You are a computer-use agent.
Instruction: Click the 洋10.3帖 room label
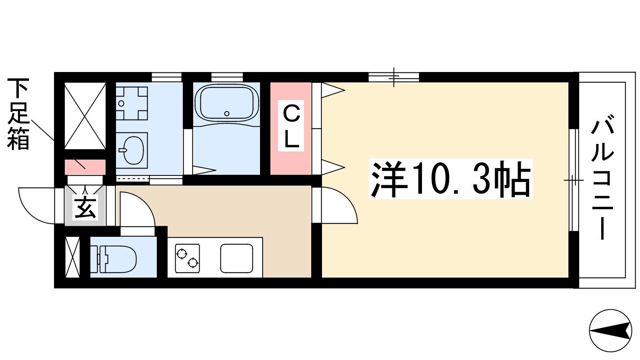tap(450, 179)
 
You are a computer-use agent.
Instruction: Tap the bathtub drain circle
tap(227, 114)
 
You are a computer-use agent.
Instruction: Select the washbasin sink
tap(132, 150)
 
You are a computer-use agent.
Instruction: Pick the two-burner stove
tap(188, 258)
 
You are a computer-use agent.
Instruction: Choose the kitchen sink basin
tap(236, 258)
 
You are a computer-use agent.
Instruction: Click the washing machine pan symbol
tap(132, 103)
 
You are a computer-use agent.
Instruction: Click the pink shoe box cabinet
tap(85, 167)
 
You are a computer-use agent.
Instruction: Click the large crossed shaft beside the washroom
tap(85, 116)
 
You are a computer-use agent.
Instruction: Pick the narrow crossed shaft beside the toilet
tap(72, 257)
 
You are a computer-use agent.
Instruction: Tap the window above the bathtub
tap(227, 77)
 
